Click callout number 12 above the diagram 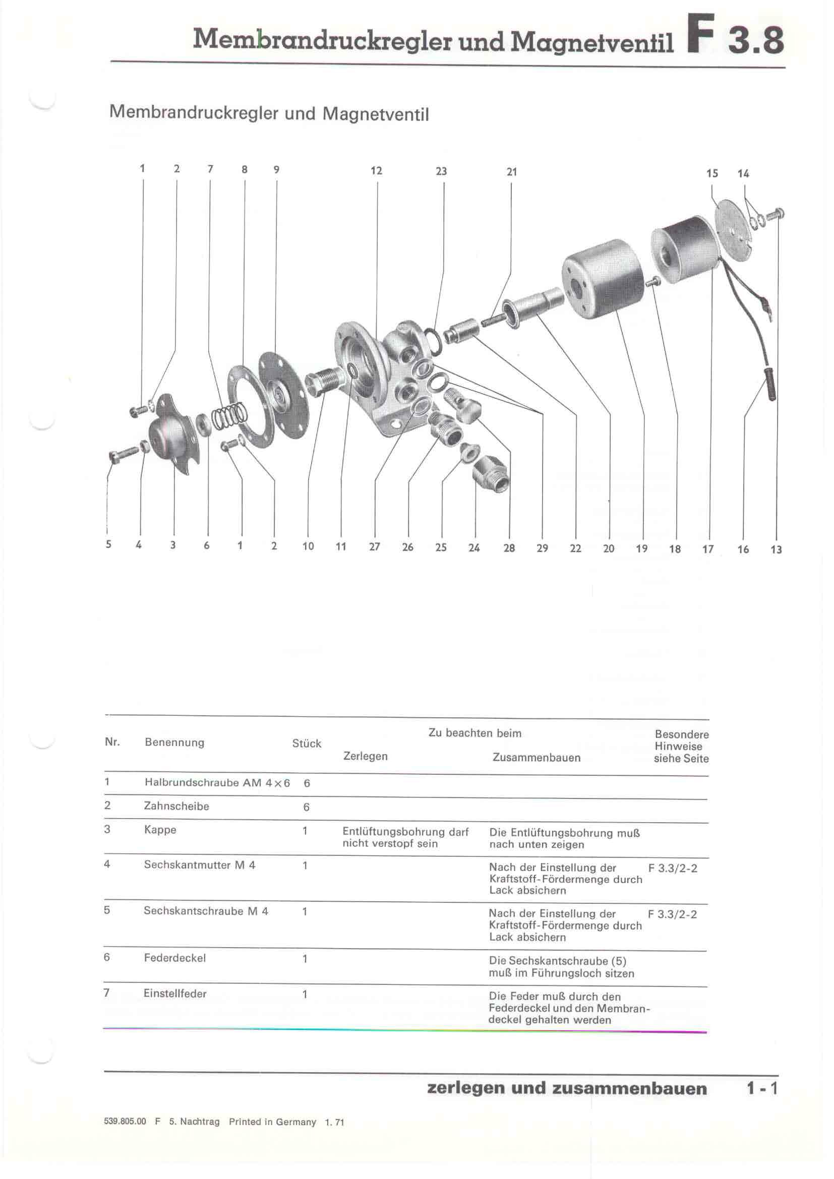click(x=377, y=170)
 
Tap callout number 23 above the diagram click(x=441, y=171)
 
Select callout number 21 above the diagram click(x=511, y=171)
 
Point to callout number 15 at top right click(x=712, y=173)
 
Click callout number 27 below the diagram click(x=374, y=546)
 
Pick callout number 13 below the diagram click(x=776, y=549)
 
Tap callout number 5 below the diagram click(x=108, y=544)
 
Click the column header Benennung click(x=174, y=742)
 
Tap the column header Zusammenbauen click(x=536, y=758)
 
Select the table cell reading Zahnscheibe click(x=176, y=805)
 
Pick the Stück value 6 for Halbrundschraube click(x=307, y=783)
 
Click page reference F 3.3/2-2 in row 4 click(x=672, y=868)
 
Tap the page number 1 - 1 click(x=761, y=1088)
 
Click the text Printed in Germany click(x=272, y=1122)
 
